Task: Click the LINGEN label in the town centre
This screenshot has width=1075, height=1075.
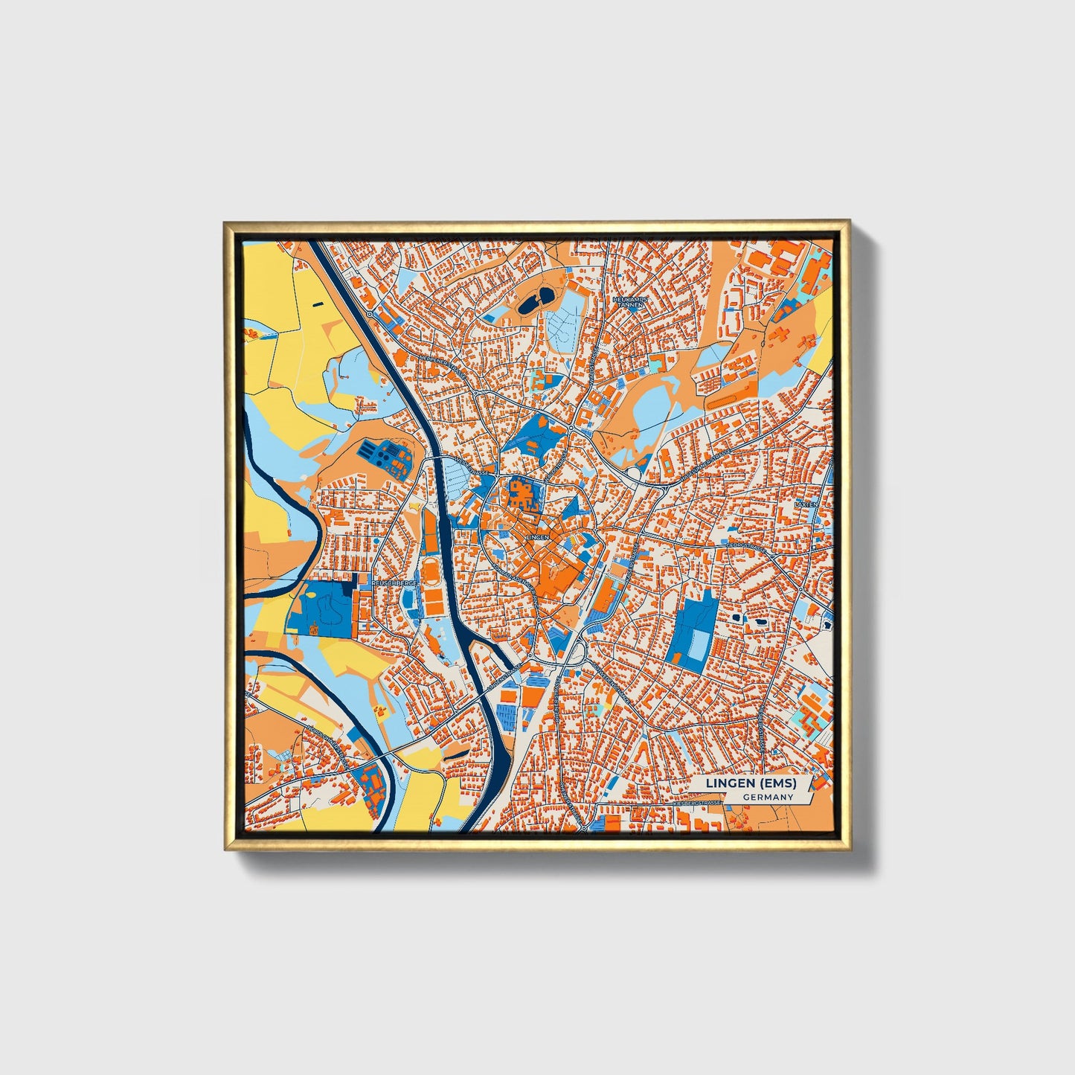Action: (536, 536)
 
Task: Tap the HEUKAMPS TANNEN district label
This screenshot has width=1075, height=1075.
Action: (630, 301)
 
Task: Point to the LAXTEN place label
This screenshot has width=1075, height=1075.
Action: (806, 504)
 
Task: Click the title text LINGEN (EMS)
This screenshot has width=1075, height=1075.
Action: (751, 784)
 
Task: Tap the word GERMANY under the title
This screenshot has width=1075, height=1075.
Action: (767, 798)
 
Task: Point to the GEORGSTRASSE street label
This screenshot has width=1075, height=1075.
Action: (746, 545)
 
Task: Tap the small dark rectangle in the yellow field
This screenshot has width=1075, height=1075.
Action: (318, 304)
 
